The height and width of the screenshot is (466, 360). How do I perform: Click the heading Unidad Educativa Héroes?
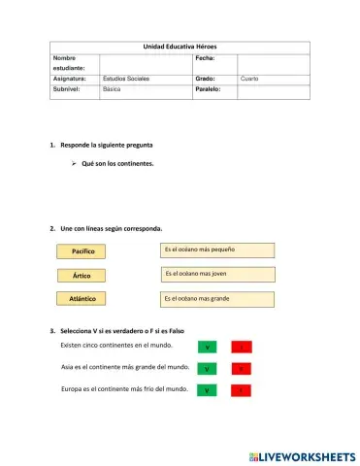tap(180, 47)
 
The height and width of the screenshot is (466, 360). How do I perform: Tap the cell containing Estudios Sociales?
tap(125, 77)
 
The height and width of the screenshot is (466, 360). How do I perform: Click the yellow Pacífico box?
tap(82, 251)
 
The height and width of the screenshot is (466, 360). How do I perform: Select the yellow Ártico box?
tap(82, 275)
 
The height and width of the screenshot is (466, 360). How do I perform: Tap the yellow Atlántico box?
tap(82, 298)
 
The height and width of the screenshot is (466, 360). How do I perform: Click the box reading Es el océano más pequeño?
tap(219, 250)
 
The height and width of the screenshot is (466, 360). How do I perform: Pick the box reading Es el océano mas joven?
tap(219, 274)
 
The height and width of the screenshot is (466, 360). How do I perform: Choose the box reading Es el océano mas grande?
tap(219, 298)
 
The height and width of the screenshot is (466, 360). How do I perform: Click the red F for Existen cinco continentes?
tap(241, 347)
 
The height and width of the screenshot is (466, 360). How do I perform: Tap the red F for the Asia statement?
tap(241, 369)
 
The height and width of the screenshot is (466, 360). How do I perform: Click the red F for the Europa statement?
tap(241, 390)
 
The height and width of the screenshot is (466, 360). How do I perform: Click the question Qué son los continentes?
tap(117, 164)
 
